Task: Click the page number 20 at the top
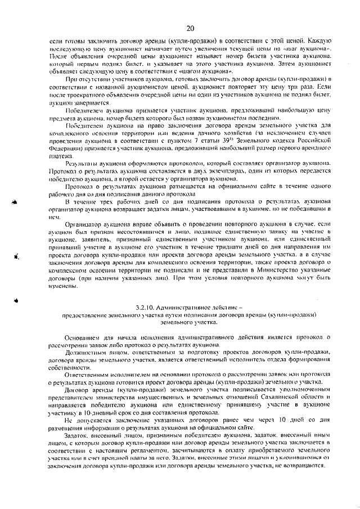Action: [x=190, y=28]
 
